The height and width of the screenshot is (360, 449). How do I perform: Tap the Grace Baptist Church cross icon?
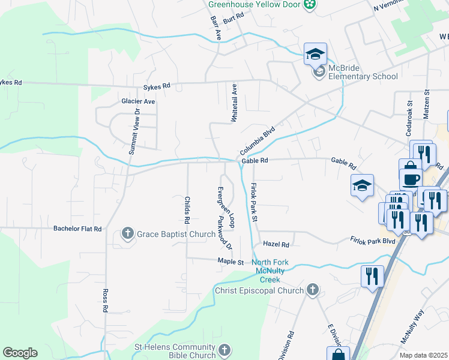[128, 233]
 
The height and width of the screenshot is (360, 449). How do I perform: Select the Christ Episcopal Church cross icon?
[312, 290]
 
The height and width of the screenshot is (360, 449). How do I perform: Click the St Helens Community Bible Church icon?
[224, 350]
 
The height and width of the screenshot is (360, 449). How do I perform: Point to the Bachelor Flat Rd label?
[77, 229]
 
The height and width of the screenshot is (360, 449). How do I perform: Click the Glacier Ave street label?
[138, 101]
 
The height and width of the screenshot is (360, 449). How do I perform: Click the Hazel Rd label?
[276, 245]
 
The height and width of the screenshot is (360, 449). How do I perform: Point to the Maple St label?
[231, 262]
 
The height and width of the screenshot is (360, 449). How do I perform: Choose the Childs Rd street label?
[187, 210]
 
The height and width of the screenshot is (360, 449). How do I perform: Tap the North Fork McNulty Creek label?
[270, 271]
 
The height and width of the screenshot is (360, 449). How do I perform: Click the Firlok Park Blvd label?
[373, 240]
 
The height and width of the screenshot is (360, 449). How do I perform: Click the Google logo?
[20, 353]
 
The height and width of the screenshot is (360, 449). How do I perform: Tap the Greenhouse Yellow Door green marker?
[310, 5]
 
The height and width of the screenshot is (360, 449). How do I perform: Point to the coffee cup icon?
[412, 179]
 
